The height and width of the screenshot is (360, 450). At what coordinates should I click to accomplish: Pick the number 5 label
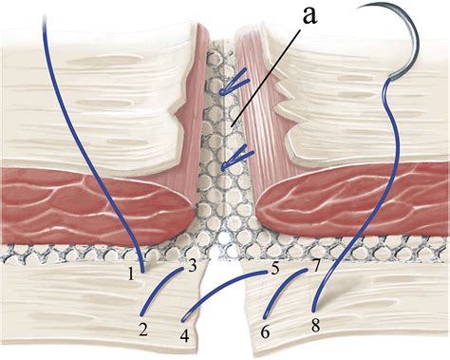pos(274,269)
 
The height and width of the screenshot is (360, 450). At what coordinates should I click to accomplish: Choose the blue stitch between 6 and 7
pos(285,294)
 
